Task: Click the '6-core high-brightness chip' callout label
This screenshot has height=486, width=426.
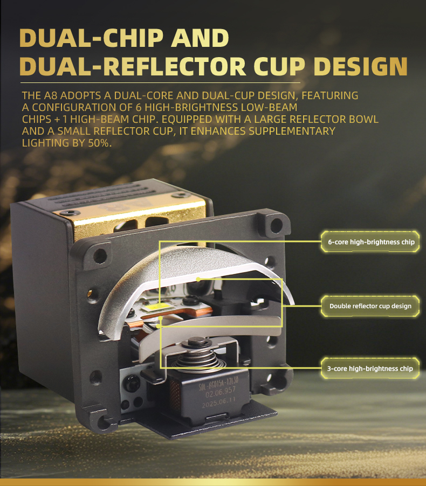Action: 371,242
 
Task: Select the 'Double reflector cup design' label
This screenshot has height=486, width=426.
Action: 370,306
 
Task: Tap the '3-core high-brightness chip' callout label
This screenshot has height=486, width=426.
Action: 370,369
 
